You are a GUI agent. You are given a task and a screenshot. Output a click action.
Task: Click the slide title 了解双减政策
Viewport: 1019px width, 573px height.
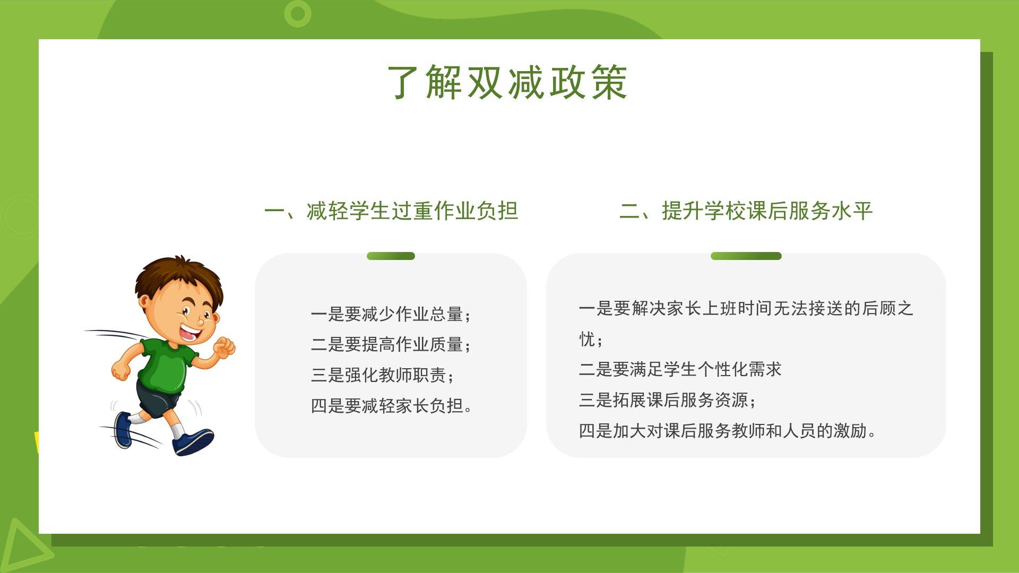(x=508, y=82)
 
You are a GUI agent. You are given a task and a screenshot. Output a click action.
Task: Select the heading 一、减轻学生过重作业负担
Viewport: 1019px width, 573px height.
(x=391, y=211)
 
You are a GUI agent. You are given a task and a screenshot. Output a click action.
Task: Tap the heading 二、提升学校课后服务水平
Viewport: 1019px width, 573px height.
(x=746, y=211)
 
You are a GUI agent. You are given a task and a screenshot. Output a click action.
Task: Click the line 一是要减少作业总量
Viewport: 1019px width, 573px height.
(x=391, y=314)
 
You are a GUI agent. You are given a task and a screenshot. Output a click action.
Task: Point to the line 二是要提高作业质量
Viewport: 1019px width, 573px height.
(x=391, y=345)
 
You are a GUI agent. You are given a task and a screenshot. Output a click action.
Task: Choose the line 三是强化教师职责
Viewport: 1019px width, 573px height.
(x=383, y=375)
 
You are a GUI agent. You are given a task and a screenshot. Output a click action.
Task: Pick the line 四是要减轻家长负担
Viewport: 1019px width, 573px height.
(x=391, y=406)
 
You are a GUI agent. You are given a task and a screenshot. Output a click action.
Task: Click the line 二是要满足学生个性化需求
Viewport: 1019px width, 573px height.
(x=680, y=369)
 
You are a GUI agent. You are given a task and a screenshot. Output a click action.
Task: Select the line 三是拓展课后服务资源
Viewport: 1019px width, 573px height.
(x=667, y=400)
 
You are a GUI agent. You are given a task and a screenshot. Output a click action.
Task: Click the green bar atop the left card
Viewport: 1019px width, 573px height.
(x=391, y=256)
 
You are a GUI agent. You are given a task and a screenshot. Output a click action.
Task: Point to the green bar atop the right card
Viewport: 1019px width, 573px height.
(x=746, y=256)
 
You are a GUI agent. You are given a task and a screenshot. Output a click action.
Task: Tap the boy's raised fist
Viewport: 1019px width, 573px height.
(x=224, y=347)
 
